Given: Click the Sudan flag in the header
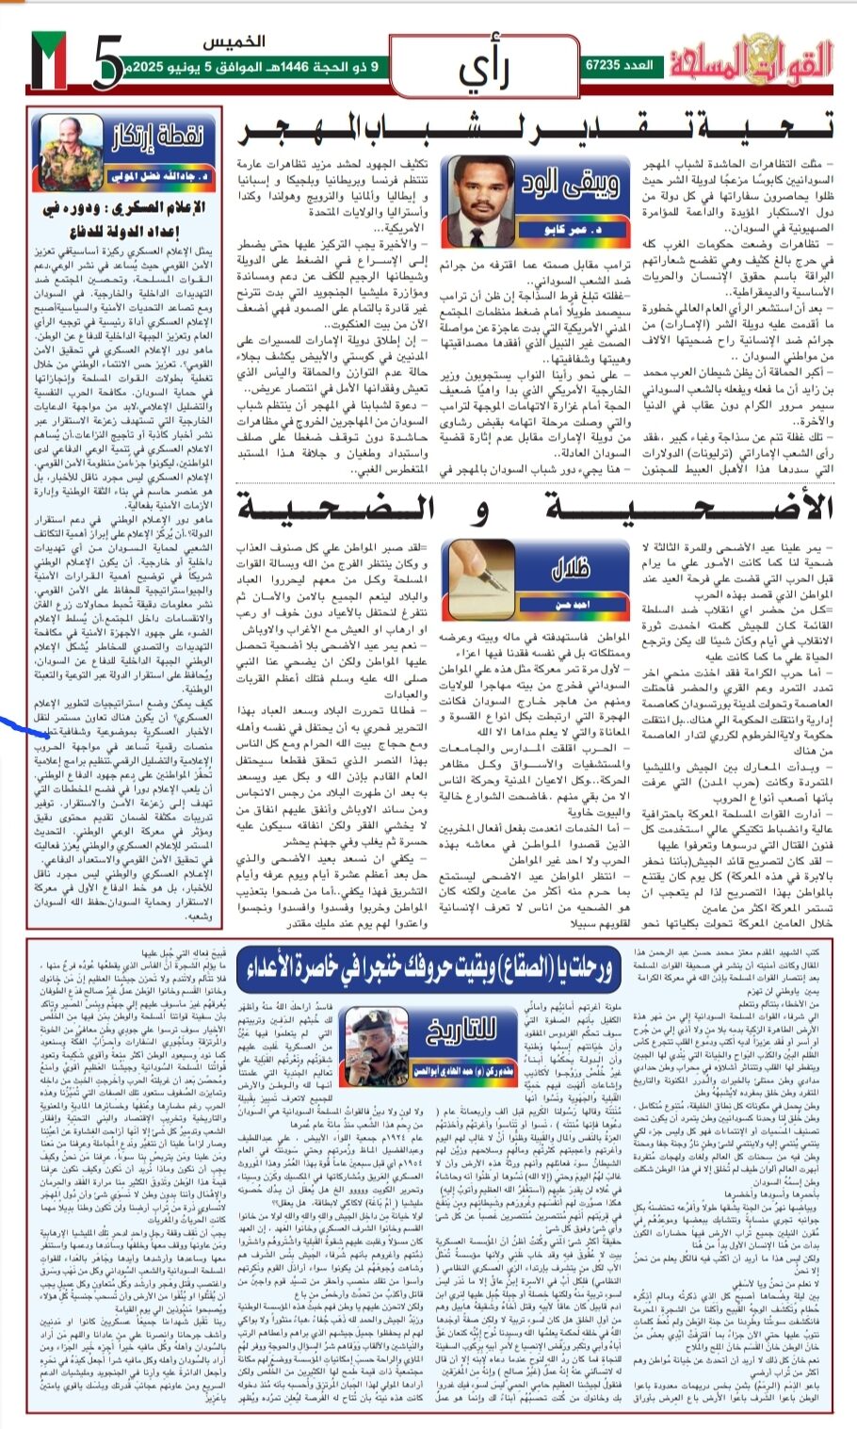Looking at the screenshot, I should [x=48, y=61].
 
